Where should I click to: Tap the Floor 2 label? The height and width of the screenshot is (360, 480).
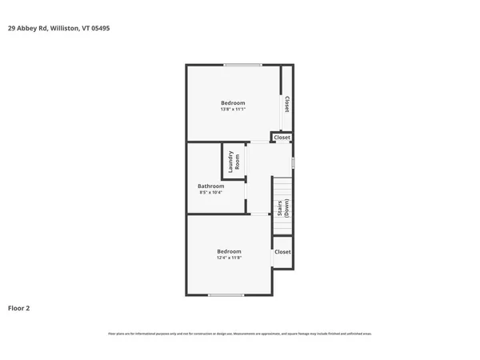(19, 307)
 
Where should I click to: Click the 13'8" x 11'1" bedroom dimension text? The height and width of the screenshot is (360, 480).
(233, 110)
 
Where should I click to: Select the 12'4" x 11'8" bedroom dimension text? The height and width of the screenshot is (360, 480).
(229, 258)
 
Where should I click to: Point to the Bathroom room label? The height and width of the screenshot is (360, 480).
(211, 186)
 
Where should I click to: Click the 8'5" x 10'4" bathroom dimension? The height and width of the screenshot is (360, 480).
(211, 193)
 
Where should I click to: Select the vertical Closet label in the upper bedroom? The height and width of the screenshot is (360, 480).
(286, 105)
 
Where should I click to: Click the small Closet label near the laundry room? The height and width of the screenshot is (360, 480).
(282, 138)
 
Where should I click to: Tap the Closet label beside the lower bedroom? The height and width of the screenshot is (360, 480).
(282, 252)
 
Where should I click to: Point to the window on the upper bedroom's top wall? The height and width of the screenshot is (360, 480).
(242, 65)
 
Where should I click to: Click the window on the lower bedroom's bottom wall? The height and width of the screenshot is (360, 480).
(226, 295)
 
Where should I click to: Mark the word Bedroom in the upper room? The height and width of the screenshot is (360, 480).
(233, 102)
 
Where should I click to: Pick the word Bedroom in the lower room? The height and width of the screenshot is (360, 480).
(229, 251)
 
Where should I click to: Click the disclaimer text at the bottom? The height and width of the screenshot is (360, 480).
(240, 334)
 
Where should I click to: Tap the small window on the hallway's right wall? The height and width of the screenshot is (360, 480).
(293, 162)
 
